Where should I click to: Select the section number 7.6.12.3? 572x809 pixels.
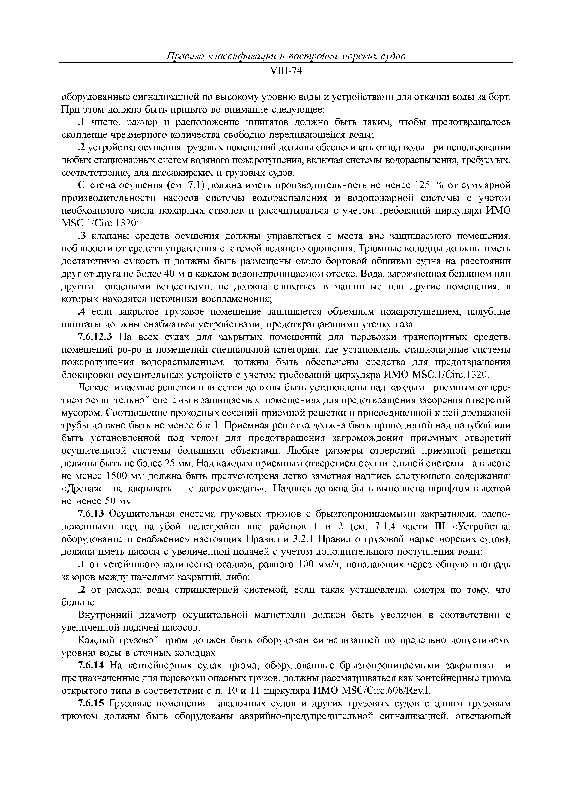coord(95,337)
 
